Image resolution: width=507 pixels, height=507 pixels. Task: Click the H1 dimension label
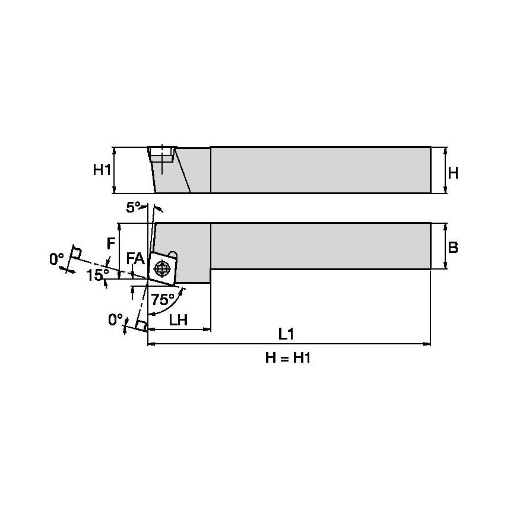point(102,170)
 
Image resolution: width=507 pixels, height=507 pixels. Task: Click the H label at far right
point(453,173)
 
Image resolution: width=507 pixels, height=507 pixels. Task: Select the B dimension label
point(453,247)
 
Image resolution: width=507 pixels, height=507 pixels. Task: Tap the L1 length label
point(287,334)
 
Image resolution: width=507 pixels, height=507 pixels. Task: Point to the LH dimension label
point(178,320)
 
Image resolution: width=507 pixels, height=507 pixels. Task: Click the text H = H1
point(287,358)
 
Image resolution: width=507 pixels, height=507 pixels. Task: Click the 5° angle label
point(134,207)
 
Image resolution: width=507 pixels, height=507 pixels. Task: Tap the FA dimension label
point(135,258)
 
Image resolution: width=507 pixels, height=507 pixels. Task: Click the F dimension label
point(110,243)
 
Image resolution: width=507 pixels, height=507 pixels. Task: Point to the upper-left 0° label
point(56,259)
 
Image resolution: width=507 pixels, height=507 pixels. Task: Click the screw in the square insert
point(161,268)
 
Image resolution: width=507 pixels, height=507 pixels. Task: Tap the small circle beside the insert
point(173,254)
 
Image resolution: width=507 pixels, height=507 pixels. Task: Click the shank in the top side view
point(321,170)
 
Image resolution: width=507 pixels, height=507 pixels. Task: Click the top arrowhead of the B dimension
point(445,226)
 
